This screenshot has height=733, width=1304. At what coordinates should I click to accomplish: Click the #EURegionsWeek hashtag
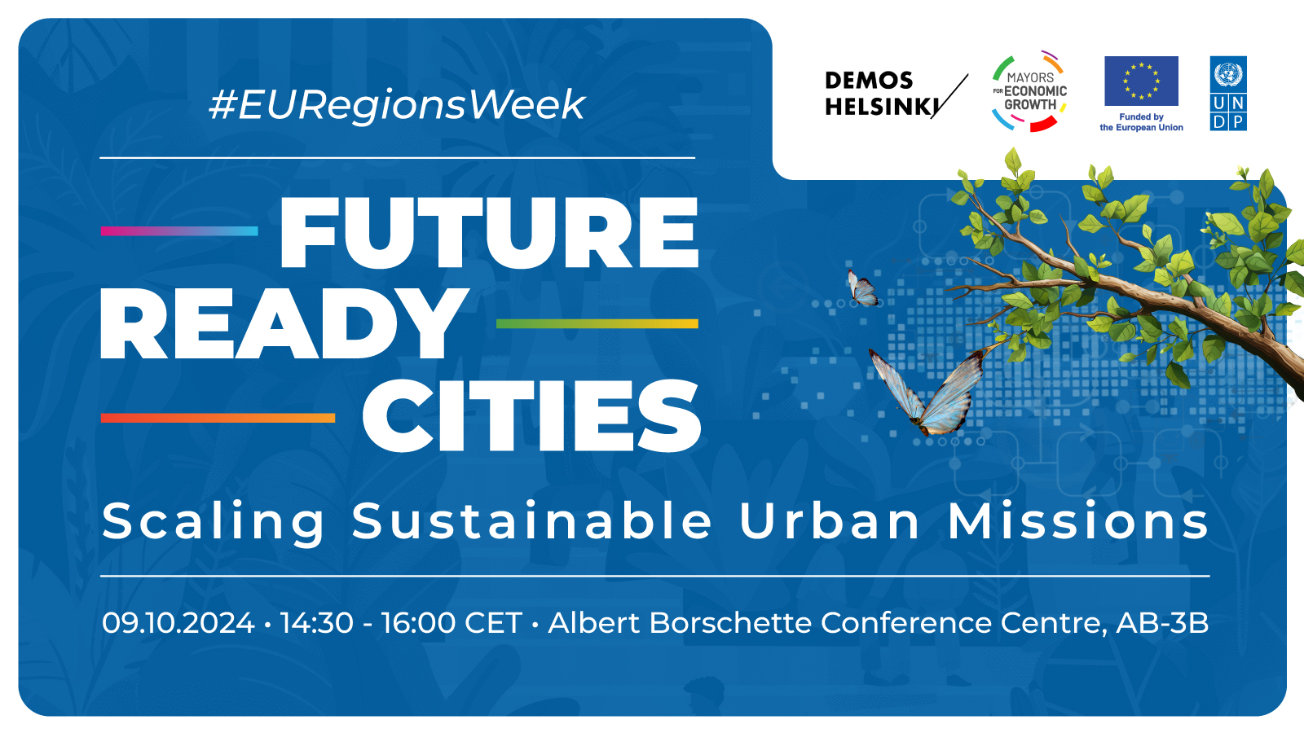pos(397,105)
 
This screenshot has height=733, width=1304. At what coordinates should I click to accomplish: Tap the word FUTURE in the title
pos(489,233)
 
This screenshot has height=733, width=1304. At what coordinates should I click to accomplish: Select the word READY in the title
pos(284,324)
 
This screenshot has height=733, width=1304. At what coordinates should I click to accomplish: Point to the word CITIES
pos(531,415)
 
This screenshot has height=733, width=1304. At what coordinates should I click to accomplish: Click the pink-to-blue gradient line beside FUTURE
pos(179,231)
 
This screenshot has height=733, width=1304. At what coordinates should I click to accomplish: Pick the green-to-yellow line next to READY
pos(597,324)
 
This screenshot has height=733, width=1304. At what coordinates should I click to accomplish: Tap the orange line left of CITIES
pos(218,418)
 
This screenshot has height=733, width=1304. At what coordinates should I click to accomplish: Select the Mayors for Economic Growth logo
pos(1030,91)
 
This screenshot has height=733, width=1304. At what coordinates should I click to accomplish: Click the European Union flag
pos(1141,81)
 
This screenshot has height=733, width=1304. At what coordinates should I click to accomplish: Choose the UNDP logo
pos(1228,93)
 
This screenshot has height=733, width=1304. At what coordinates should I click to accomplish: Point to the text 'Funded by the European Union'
pos(1141,122)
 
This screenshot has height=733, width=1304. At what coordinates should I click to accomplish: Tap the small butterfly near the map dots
pos(863,288)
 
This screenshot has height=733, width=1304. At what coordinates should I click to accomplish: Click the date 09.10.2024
pos(178,623)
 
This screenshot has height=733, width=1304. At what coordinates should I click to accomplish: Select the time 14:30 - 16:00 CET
pos(401,623)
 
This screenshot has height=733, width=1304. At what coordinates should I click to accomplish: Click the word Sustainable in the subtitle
pos(532,520)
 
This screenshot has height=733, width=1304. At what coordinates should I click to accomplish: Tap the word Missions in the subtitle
pos(1079,520)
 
